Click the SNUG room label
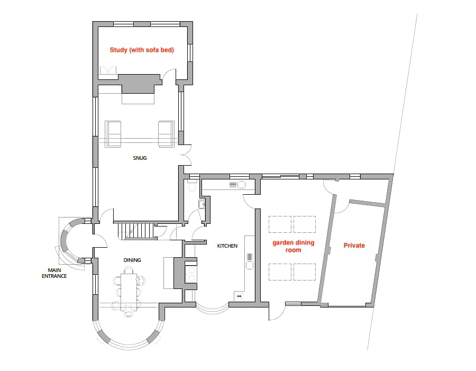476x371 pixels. click(140, 158)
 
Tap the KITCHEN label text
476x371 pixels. click(227, 246)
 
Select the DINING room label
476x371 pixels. click(132, 260)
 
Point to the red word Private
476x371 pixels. click(354, 246)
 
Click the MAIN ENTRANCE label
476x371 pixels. click(54, 273)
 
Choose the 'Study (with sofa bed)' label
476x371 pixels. click(142, 50)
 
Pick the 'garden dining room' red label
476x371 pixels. click(293, 247)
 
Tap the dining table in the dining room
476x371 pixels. click(129, 292)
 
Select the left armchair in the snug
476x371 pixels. click(113, 134)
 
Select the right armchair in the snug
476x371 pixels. click(167, 134)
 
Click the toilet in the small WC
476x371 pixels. click(192, 186)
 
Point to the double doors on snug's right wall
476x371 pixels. click(186, 156)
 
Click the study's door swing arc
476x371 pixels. click(169, 74)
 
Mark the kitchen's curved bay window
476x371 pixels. click(212, 308)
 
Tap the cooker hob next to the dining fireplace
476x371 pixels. click(191, 274)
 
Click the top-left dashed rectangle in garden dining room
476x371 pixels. click(280, 224)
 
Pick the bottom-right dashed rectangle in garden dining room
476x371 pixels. click(305, 272)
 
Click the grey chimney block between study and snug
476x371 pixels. click(139, 83)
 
